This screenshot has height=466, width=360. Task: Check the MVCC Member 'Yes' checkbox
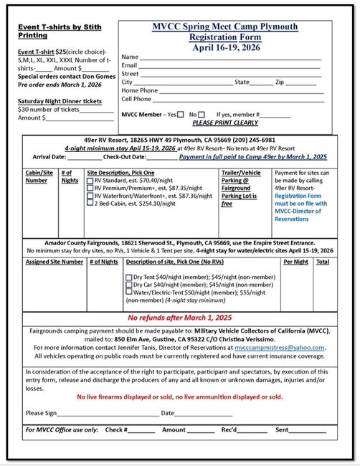[x=181, y=115]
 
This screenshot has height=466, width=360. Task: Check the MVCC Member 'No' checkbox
[x=202, y=115]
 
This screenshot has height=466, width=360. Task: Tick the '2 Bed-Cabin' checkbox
[x=90, y=204]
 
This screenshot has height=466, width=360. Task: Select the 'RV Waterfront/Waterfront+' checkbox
[x=90, y=196]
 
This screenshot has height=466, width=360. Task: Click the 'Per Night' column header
[x=295, y=262]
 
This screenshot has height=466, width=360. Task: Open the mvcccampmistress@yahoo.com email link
[x=285, y=348]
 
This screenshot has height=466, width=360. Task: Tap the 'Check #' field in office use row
[x=141, y=430]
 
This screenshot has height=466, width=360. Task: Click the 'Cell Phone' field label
[x=137, y=99]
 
